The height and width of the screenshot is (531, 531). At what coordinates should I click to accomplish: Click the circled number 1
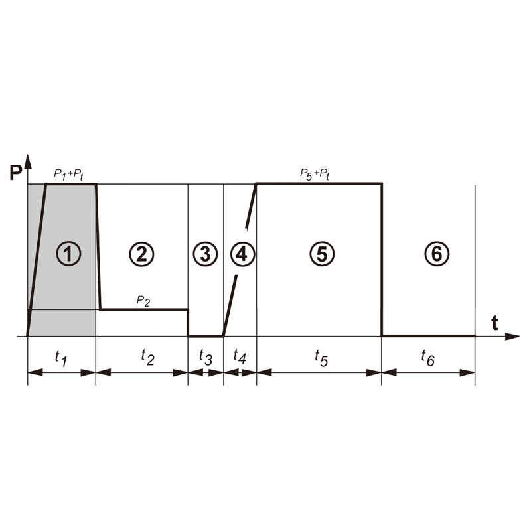click(x=68, y=253)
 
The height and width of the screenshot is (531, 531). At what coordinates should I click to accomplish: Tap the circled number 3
click(x=205, y=253)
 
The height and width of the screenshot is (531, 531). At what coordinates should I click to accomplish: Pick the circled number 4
click(x=242, y=253)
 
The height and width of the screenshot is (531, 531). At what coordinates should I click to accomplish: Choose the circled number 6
click(x=437, y=253)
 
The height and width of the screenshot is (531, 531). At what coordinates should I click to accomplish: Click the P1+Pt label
click(x=68, y=174)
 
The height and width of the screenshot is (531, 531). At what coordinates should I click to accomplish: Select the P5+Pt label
click(x=315, y=174)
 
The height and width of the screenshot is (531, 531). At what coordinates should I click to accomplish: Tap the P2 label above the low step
click(x=143, y=300)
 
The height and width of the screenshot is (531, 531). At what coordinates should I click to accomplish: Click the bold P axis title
click(x=15, y=174)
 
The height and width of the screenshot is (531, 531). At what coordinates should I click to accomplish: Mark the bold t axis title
click(x=494, y=323)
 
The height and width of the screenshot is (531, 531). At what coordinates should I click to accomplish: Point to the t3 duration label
click(x=206, y=358)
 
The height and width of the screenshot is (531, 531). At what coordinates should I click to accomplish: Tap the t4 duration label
click(x=240, y=358)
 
